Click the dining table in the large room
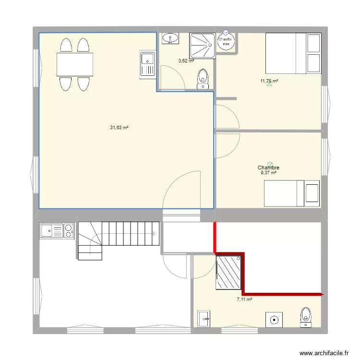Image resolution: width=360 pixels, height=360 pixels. coord(74,64)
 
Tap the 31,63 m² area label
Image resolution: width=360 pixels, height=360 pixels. coord(120,128)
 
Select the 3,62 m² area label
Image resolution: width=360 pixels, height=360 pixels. coord(186,61)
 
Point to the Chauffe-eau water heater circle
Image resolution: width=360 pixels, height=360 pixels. coord(226,41)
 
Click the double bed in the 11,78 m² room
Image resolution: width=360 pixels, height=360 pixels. coord(293,53)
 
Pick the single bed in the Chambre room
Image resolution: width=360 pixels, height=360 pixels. coord(292,193)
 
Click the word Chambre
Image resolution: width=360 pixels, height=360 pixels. coord(268,168)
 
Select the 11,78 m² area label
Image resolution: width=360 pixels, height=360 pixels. coord(269,81)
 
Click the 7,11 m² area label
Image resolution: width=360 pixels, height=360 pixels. coord(244,300)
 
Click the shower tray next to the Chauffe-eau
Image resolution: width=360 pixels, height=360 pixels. coord(202,45)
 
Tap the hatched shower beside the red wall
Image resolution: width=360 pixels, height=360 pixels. coord(228,273)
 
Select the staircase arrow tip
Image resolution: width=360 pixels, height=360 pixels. coord(155,234)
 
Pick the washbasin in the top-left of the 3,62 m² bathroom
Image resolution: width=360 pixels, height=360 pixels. coord(170,38)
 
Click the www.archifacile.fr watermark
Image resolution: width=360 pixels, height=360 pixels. coord(324,353)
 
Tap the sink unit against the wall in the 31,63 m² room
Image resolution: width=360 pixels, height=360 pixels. coord(147,64)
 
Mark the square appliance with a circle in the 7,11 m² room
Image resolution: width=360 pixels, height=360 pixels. coord(275,319)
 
